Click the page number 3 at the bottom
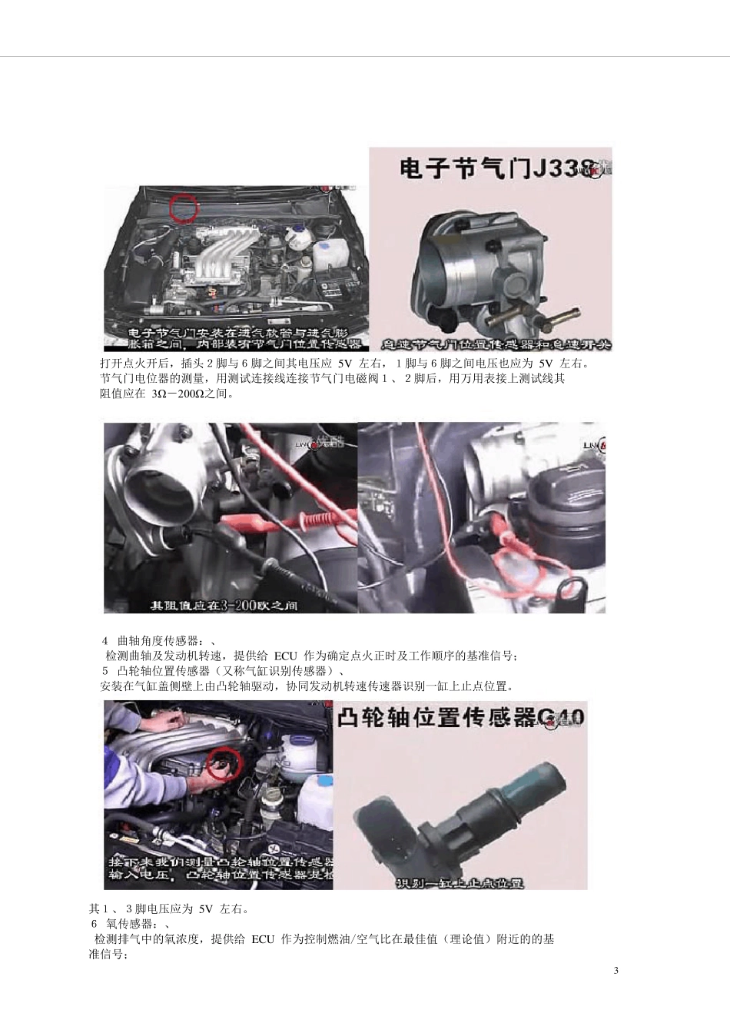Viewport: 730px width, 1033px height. [x=616, y=970]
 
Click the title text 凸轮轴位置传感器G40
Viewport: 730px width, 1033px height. [x=461, y=718]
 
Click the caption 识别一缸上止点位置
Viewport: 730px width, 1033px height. [x=460, y=883]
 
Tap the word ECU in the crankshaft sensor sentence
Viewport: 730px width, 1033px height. [x=285, y=656]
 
